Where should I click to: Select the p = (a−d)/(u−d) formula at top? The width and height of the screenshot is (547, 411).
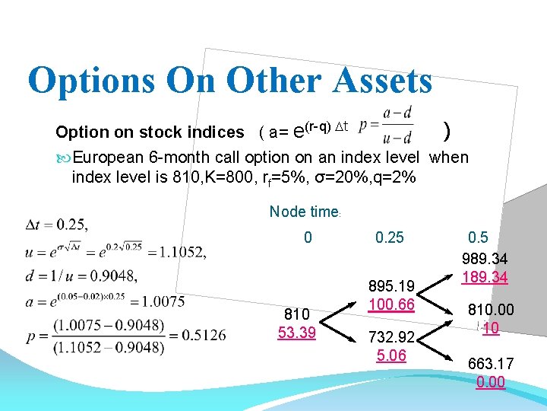click(x=385, y=125)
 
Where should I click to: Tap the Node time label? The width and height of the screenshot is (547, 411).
click(x=303, y=212)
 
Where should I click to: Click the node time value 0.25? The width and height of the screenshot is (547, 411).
click(x=390, y=237)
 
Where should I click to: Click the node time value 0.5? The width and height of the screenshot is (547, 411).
click(x=479, y=237)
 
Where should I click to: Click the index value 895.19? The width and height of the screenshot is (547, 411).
click(x=391, y=287)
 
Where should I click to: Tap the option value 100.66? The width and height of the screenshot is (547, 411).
click(x=391, y=304)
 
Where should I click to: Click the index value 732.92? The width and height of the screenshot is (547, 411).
click(x=391, y=336)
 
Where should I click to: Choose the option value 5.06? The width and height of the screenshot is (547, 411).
click(x=391, y=355)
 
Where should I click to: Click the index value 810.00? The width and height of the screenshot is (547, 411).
click(x=490, y=310)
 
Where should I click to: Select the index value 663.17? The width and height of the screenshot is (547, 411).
click(x=490, y=364)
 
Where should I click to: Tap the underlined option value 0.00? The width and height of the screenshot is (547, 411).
click(x=490, y=381)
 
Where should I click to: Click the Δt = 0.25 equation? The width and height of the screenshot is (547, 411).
click(x=57, y=225)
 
